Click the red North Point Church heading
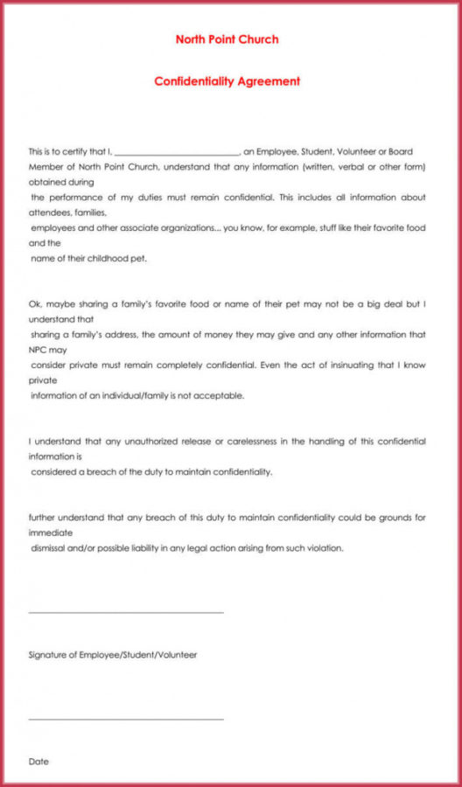click(x=227, y=39)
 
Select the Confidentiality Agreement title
click(x=227, y=81)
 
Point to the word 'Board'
click(x=400, y=151)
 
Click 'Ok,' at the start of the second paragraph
click(x=35, y=305)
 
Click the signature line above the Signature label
click(x=126, y=612)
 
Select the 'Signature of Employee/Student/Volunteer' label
click(x=113, y=654)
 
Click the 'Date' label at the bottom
click(x=38, y=762)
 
